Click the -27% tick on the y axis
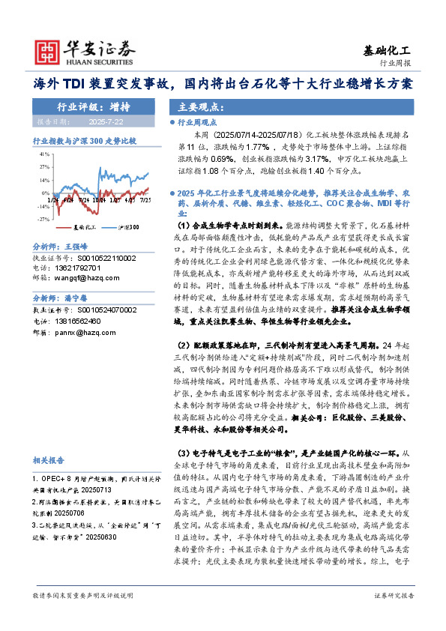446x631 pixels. [x=43, y=219]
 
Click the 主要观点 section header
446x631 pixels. [x=194, y=106]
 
